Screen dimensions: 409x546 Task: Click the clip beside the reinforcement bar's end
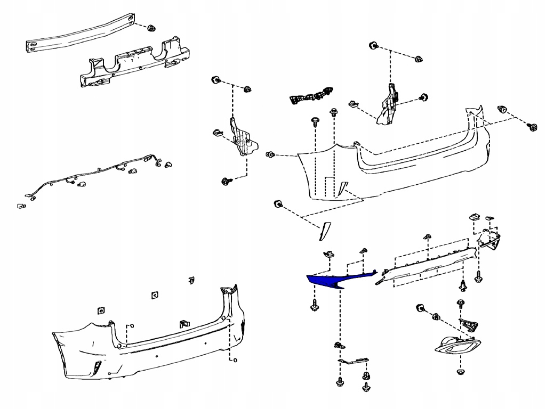(150, 27)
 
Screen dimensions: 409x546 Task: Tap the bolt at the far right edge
(532, 126)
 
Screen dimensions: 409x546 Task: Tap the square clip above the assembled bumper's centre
(155, 295)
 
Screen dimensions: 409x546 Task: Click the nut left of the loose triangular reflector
(278, 205)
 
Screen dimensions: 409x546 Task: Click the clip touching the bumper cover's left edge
(270, 154)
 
